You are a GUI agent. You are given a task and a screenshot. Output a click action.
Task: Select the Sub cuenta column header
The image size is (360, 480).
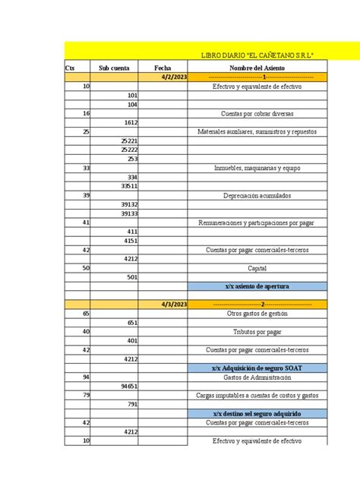coord(115,68)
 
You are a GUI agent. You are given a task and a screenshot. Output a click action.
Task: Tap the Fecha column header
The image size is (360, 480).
coord(163,68)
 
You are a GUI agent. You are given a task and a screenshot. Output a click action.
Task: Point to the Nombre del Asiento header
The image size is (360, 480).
coord(257,68)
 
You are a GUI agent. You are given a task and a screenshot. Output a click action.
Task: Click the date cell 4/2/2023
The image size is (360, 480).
coord(174,77)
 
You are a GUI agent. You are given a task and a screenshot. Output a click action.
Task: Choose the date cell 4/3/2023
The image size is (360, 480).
coord(174,304)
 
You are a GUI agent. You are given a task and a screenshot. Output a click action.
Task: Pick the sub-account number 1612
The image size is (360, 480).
coord(131,122)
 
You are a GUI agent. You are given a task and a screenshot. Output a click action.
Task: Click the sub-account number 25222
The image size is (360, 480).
coord(129,150)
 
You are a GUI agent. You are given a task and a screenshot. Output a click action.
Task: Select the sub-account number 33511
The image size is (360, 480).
coord(129,185)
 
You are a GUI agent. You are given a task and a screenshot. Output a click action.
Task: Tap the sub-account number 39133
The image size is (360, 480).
coord(129,213)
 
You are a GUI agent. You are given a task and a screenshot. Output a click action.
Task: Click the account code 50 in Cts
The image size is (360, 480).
coord(86,268)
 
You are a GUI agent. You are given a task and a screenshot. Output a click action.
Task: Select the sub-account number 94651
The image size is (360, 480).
coord(129,386)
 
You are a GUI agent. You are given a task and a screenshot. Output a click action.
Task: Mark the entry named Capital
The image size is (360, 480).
coord(257,268)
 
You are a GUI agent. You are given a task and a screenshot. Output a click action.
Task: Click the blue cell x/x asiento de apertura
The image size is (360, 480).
coord(257,286)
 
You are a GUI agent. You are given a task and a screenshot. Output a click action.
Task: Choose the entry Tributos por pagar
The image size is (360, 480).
coord(257,332)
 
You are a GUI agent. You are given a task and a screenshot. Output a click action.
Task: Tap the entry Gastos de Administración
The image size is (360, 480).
coord(257,377)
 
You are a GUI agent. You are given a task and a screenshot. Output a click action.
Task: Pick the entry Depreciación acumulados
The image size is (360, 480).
coord(257,195)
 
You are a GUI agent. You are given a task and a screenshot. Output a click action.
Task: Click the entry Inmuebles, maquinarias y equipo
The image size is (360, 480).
coord(257,168)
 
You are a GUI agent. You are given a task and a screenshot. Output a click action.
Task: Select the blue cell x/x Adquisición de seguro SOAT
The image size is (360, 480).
coord(257,368)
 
